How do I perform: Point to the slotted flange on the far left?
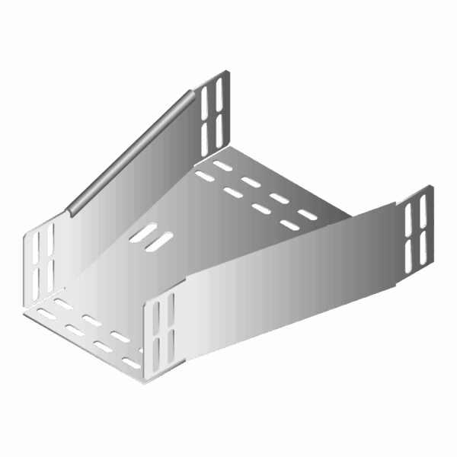tap(40, 263)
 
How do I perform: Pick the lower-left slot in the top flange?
tap(206, 135)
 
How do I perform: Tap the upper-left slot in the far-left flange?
tap(35, 245)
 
